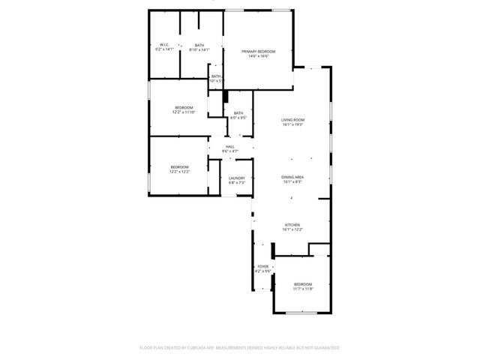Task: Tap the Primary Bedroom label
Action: pyautogui.click(x=258, y=51)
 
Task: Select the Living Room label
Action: pyautogui.click(x=292, y=120)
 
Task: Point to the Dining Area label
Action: pyautogui.click(x=292, y=177)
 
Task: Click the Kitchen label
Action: pyautogui.click(x=292, y=225)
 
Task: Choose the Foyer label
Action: pyautogui.click(x=263, y=266)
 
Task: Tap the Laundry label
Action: pyautogui.click(x=237, y=178)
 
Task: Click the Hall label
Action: pyautogui.click(x=230, y=147)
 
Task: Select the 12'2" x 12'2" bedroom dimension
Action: pyautogui.click(x=179, y=172)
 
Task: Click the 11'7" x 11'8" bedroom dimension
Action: pyautogui.click(x=303, y=289)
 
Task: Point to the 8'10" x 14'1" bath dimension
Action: pyautogui.click(x=199, y=50)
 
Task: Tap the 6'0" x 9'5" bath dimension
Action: pyautogui.click(x=238, y=118)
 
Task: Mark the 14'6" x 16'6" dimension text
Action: pyautogui.click(x=258, y=55)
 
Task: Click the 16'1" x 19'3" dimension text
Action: pyautogui.click(x=292, y=124)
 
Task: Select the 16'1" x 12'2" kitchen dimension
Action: pyautogui.click(x=292, y=229)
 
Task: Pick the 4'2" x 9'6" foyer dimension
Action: pyautogui.click(x=263, y=271)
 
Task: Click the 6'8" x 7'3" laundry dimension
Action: pyautogui.click(x=237, y=182)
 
